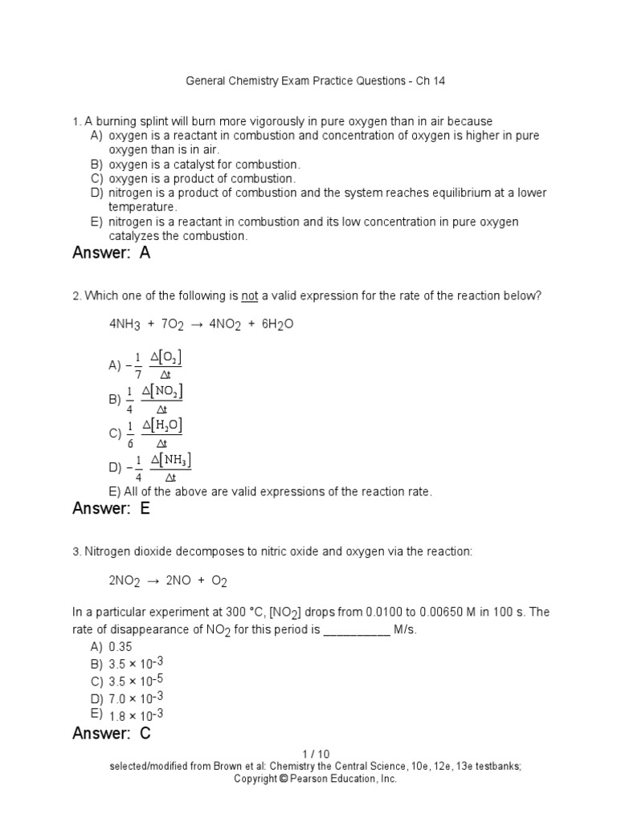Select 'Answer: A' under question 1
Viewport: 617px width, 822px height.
[x=111, y=254]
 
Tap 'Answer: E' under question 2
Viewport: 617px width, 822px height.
[x=111, y=508]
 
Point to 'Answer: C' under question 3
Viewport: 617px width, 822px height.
[x=111, y=733]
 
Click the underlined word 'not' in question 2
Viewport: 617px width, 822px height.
[x=250, y=296]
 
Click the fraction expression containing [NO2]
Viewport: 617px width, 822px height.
[x=153, y=399]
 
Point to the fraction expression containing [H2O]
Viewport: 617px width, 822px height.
[x=153, y=433]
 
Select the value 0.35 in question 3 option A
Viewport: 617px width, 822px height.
[x=121, y=646]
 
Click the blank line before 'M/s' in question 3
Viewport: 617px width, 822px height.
[x=356, y=631]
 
